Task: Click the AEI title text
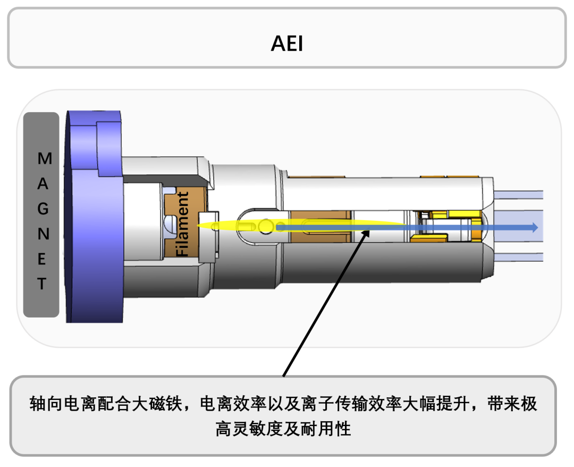tap(286, 44)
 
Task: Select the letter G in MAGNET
tap(43, 209)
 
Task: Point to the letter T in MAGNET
tap(42, 283)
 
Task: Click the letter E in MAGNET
tap(43, 259)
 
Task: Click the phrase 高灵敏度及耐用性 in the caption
tap(283, 428)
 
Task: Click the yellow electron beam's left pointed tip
tap(198, 226)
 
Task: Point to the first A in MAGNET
tap(43, 184)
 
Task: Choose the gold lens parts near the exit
tap(452, 226)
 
